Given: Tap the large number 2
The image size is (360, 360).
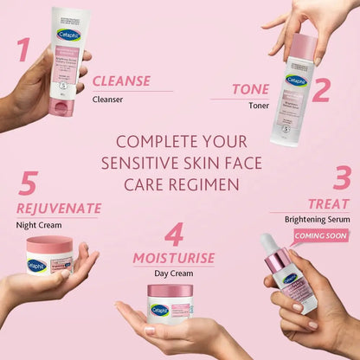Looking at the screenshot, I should (320, 89).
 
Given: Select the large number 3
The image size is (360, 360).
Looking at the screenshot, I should (342, 177).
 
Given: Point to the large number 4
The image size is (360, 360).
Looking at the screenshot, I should (175, 235).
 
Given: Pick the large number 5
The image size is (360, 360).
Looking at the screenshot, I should (29, 184).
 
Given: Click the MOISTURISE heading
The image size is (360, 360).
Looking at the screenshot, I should (173, 258).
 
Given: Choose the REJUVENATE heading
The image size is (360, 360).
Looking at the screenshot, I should (59, 209).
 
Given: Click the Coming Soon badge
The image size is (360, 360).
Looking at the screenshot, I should (321, 235).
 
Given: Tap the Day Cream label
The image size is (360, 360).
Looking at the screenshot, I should (173, 273).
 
